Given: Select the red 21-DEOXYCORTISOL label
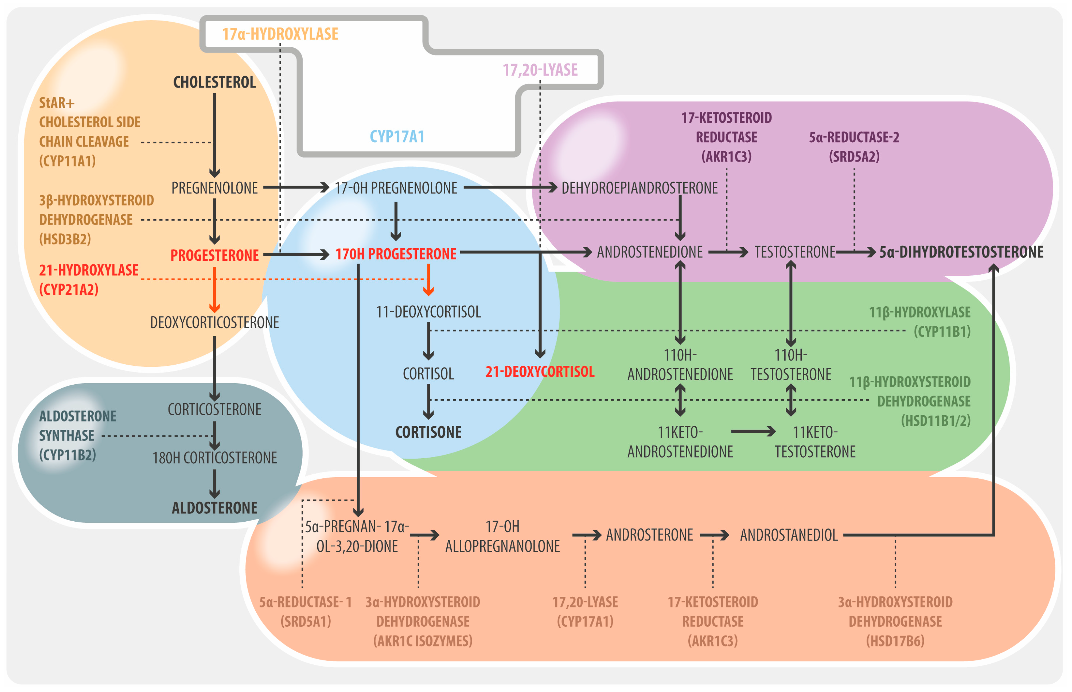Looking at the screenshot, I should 540,372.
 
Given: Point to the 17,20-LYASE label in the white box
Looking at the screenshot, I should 540,70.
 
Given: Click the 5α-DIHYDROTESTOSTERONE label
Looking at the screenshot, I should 961,252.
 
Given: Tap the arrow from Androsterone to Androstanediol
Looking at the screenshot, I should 715,535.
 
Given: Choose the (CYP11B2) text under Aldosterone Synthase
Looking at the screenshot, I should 67,455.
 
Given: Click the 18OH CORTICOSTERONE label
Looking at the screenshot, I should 215,458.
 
